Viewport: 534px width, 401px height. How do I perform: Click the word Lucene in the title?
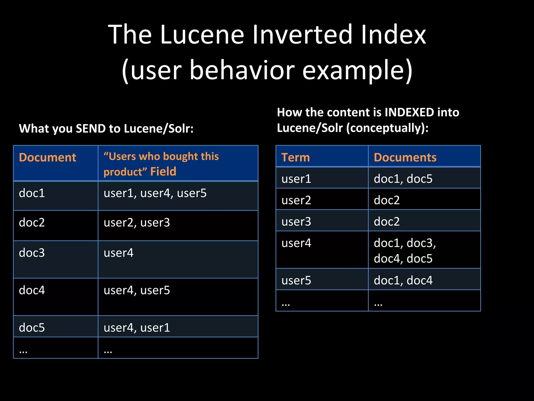click(202, 34)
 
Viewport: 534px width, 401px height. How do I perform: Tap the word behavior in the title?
click(242, 70)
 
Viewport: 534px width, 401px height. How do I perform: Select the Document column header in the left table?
click(47, 157)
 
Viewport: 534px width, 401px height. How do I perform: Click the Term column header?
click(295, 157)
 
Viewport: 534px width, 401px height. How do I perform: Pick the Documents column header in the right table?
click(405, 157)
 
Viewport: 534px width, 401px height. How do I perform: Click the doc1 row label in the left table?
click(32, 193)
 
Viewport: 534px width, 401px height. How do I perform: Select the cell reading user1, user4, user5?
click(155, 193)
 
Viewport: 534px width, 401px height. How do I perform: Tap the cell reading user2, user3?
click(137, 223)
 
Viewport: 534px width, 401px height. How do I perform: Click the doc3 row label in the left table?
click(32, 253)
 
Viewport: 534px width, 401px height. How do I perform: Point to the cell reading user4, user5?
click(137, 290)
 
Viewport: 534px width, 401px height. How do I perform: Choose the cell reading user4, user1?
click(137, 328)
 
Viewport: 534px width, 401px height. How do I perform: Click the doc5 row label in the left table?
click(32, 328)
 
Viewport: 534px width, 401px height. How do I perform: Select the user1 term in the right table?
click(296, 179)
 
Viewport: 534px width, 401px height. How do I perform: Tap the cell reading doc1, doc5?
click(403, 179)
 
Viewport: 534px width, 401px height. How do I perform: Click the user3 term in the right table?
click(296, 222)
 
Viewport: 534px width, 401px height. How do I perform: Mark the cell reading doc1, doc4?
click(403, 280)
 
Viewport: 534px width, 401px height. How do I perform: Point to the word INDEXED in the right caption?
click(409, 112)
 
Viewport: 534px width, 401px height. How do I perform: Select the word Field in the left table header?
click(163, 172)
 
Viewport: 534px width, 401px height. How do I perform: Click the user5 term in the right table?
click(296, 280)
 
